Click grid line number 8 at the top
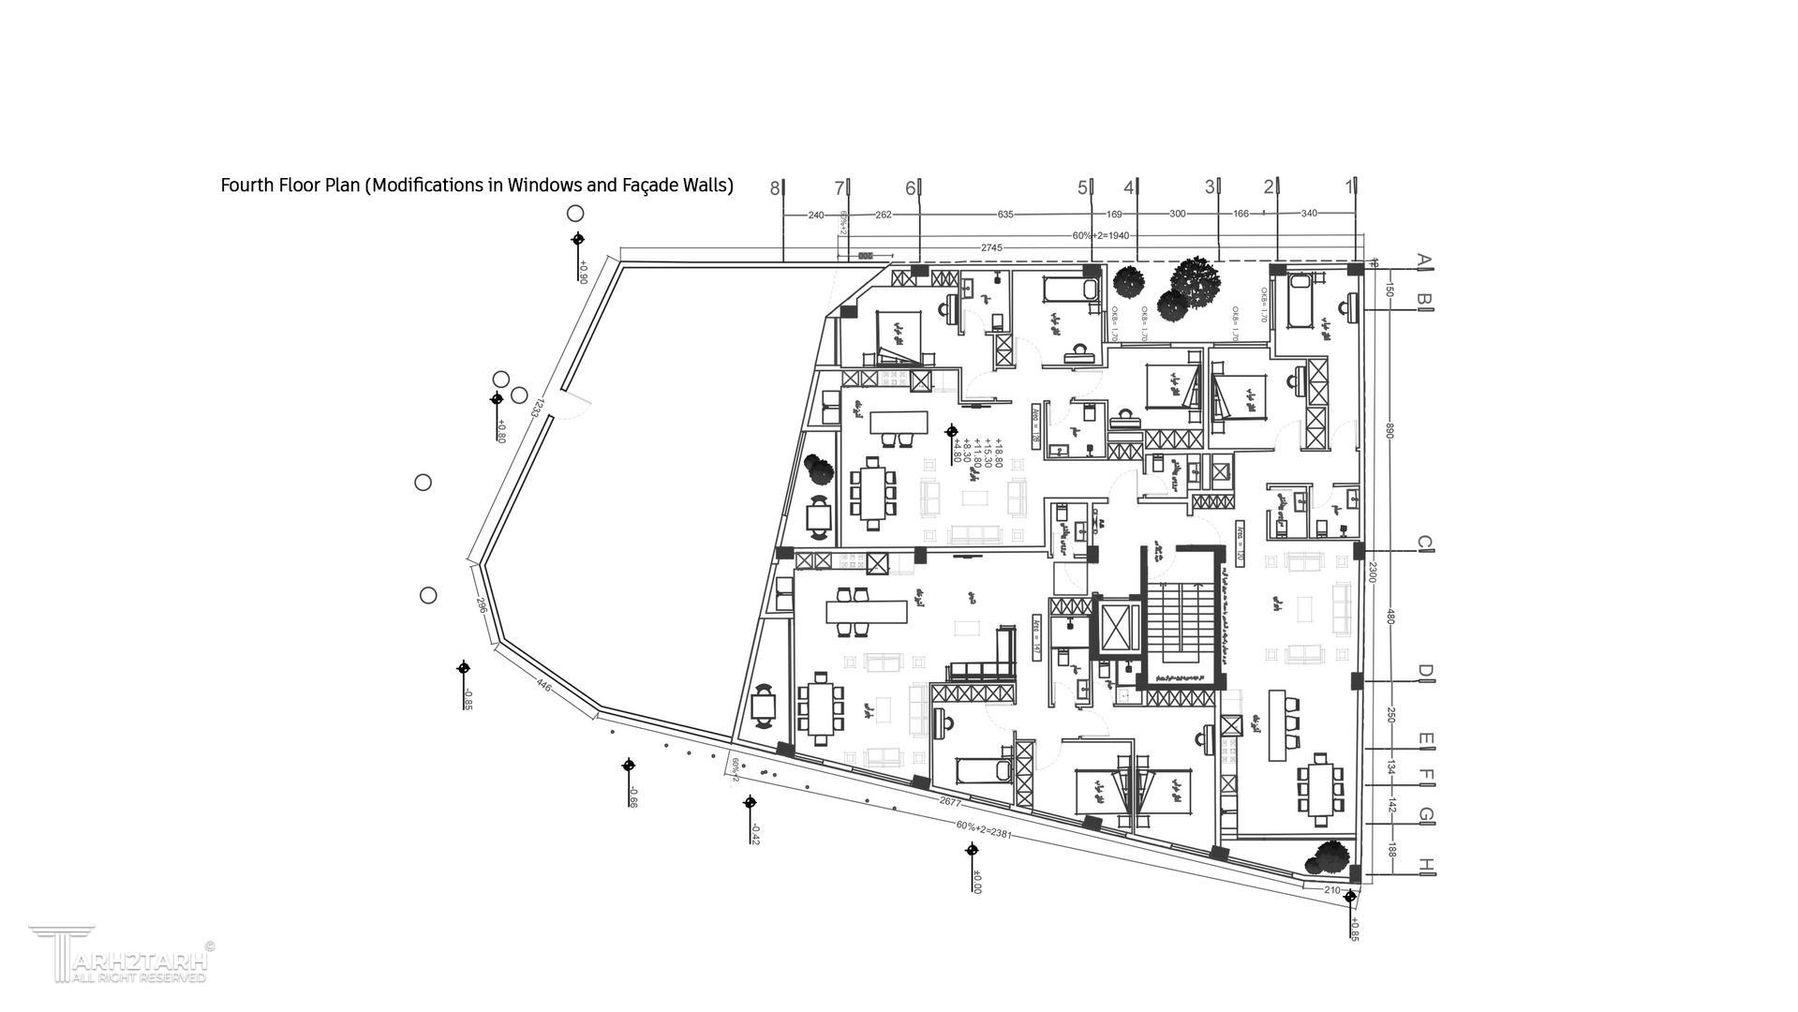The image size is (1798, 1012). pyautogui.click(x=775, y=188)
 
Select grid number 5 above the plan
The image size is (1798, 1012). pyautogui.click(x=1083, y=188)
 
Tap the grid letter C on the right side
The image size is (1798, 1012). pyautogui.click(x=1424, y=543)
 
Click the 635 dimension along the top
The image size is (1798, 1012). pyautogui.click(x=1005, y=215)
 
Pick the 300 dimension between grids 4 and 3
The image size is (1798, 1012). pyautogui.click(x=1178, y=214)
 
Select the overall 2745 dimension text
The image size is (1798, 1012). pyautogui.click(x=991, y=248)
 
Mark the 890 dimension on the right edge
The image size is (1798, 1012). pyautogui.click(x=1390, y=430)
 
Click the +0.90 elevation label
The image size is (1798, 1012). pyautogui.click(x=582, y=272)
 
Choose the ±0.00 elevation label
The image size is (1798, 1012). pyautogui.click(x=976, y=883)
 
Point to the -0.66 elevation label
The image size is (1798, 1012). pyautogui.click(x=633, y=797)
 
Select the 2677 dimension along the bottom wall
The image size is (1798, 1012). pyautogui.click(x=950, y=802)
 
